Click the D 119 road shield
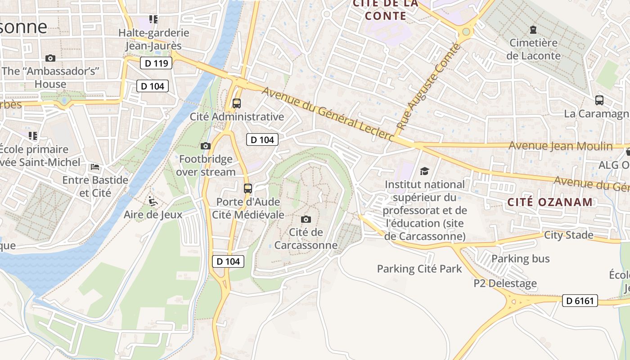[x=156, y=63]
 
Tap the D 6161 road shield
[x=580, y=301]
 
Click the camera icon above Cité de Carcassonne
[x=306, y=219]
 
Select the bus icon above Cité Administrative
[x=237, y=103]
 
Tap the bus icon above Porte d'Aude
[x=247, y=188]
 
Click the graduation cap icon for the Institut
[x=424, y=171]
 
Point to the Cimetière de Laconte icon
[x=533, y=30]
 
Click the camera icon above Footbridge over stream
[x=206, y=146]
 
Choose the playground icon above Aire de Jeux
[x=153, y=201]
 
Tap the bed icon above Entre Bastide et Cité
[x=95, y=167]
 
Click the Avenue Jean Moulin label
[x=560, y=146]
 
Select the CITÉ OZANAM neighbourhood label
[x=550, y=202]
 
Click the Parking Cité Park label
[x=419, y=269]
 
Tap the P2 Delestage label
[x=505, y=283]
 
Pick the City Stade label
[x=568, y=235]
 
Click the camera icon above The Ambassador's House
[x=50, y=58]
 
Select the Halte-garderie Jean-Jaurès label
[x=153, y=39]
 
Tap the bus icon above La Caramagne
[x=599, y=100]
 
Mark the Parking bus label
[x=520, y=258]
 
